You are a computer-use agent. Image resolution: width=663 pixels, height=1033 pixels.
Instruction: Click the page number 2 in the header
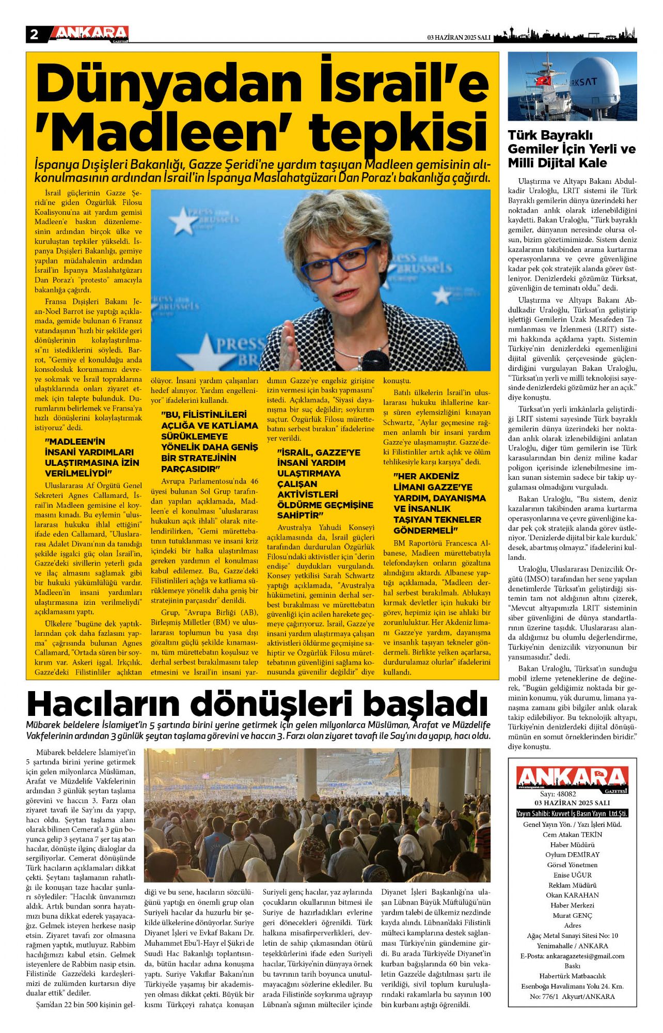point(34,35)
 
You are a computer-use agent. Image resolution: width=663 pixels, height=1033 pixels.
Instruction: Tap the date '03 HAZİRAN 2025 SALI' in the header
point(459,38)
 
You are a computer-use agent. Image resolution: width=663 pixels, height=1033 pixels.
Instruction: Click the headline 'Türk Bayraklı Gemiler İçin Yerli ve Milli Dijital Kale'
point(572,149)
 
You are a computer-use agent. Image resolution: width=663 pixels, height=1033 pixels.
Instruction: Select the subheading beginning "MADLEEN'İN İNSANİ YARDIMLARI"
point(92,457)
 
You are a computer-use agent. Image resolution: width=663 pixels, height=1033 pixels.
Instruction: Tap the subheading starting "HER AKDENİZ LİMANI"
point(439,503)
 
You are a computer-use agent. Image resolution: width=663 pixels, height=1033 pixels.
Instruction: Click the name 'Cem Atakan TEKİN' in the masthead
point(572,834)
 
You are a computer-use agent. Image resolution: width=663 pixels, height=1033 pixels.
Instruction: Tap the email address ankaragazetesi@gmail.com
point(572,956)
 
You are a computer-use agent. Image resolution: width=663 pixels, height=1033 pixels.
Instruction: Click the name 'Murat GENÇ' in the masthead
point(572,915)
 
